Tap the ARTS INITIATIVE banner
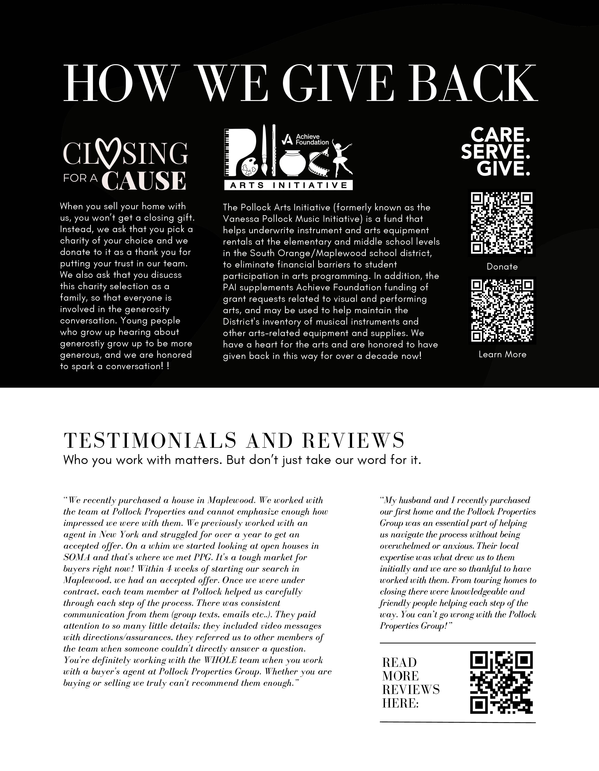tap(288, 185)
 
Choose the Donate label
tap(502, 267)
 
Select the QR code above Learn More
tap(502, 311)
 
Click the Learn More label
tap(502, 355)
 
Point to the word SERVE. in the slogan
tap(496, 152)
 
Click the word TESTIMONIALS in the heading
tap(150, 441)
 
